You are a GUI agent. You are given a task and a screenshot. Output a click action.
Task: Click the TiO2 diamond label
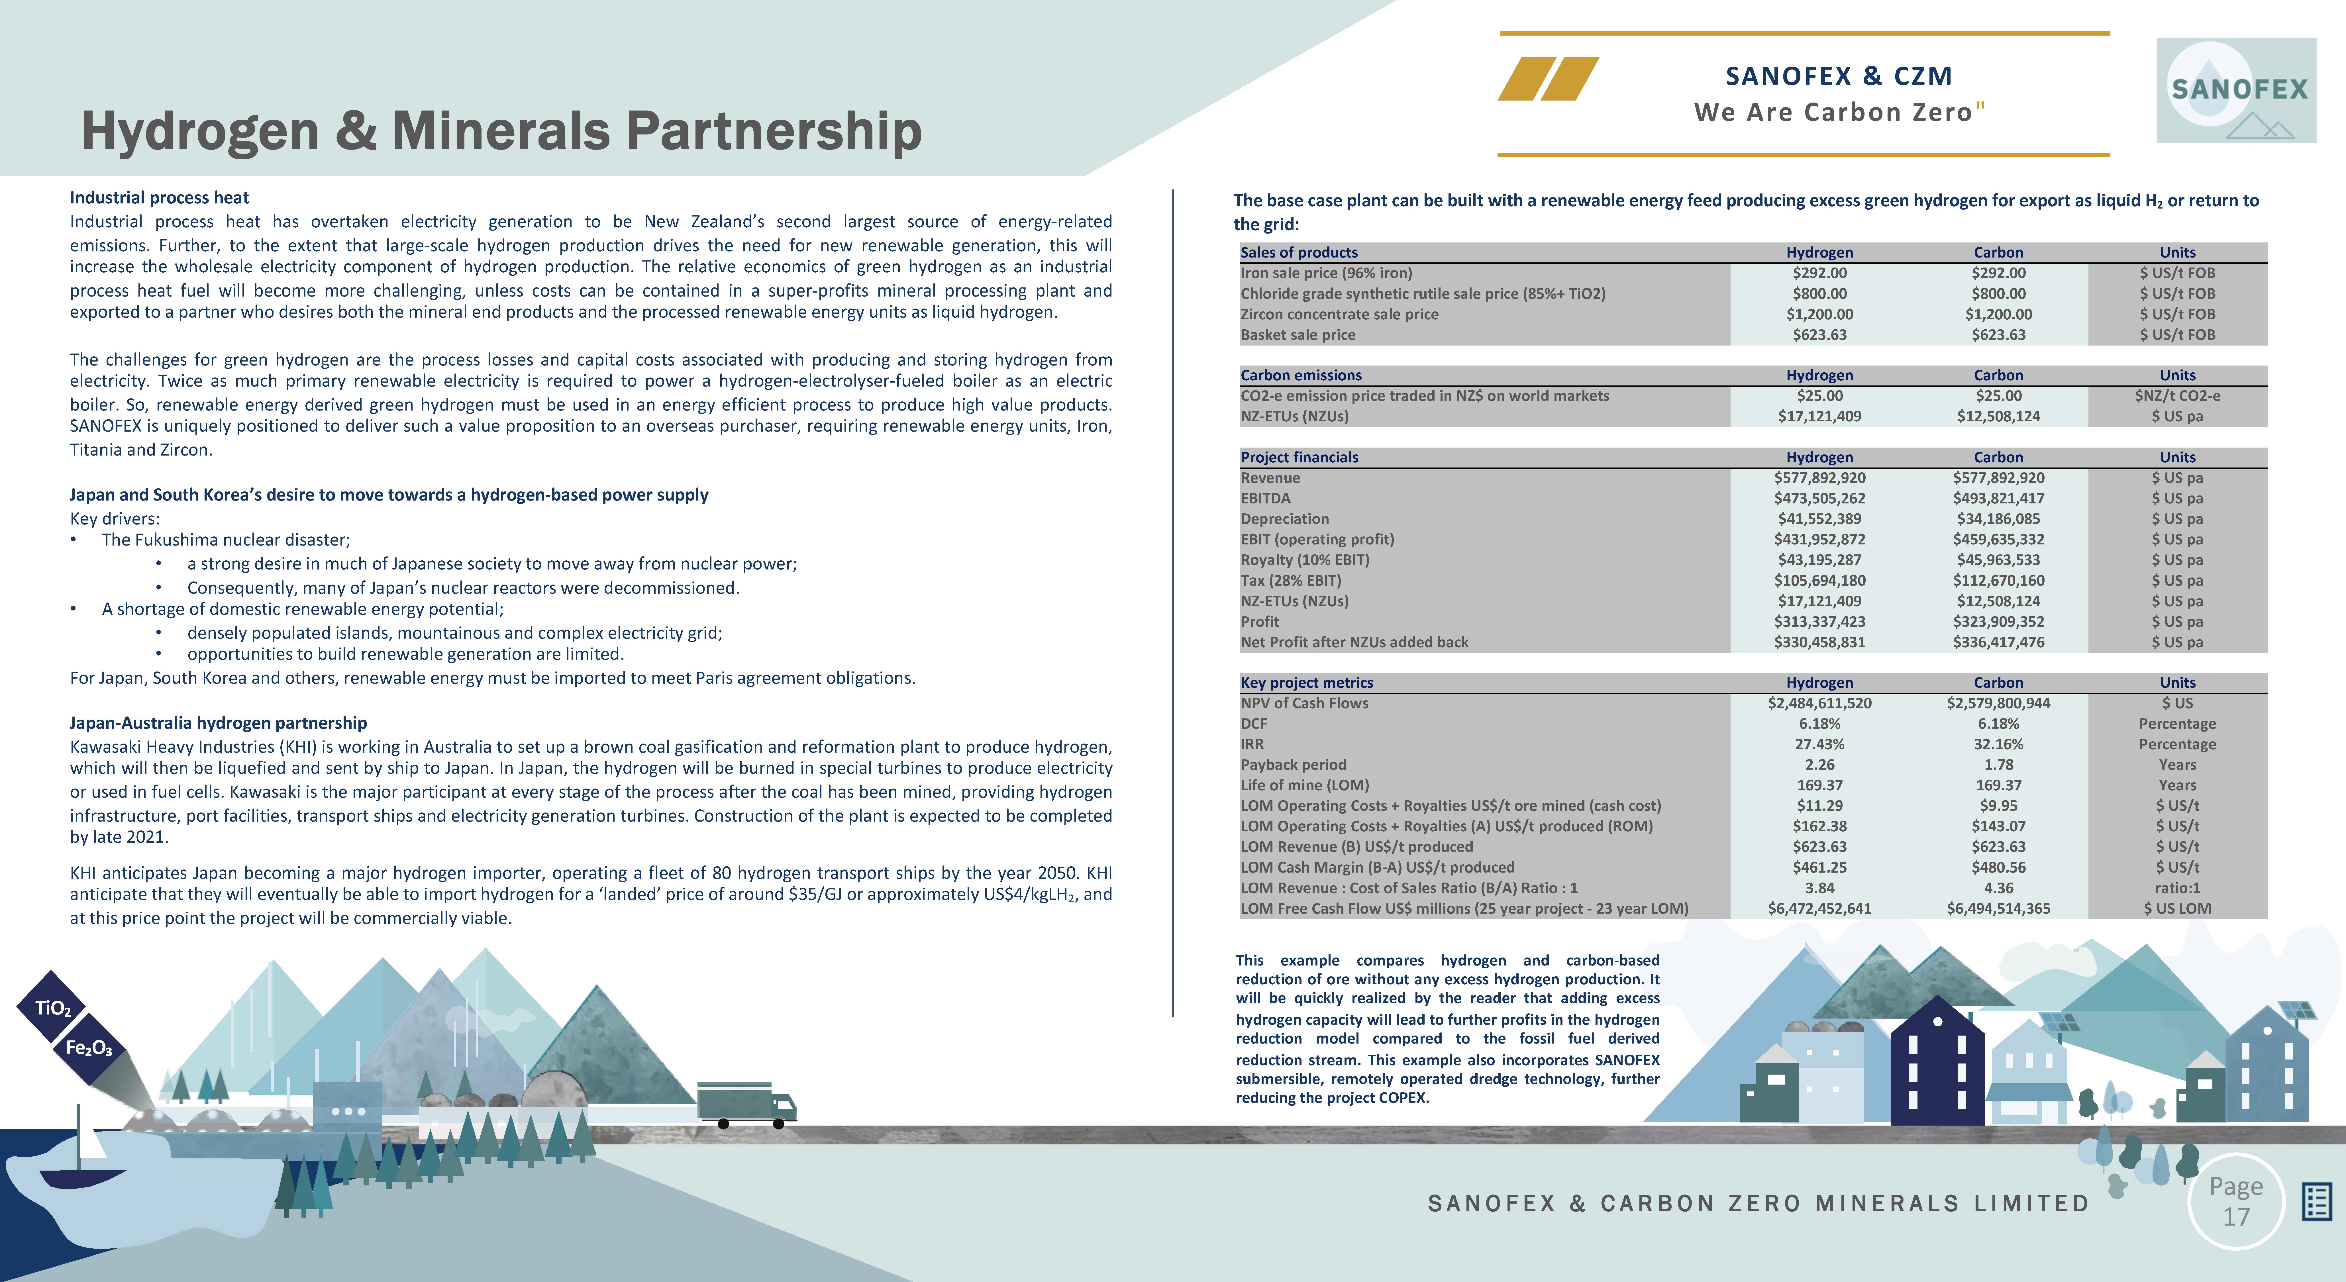click(x=52, y=1008)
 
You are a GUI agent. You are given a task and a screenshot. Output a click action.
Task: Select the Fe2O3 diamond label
click(x=88, y=1048)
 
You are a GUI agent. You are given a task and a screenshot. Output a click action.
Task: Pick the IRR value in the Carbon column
click(x=1998, y=744)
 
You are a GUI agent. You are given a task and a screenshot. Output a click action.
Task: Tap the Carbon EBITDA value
click(x=1998, y=498)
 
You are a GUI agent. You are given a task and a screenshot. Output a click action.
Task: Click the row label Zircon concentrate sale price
click(x=1339, y=314)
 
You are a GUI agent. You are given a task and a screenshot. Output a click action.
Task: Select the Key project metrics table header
click(x=1306, y=682)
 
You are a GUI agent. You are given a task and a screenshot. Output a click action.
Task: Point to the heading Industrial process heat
click(x=159, y=198)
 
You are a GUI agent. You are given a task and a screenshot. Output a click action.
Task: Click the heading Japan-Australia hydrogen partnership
click(x=219, y=723)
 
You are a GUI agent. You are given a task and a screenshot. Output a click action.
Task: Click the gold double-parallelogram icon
click(x=1548, y=78)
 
